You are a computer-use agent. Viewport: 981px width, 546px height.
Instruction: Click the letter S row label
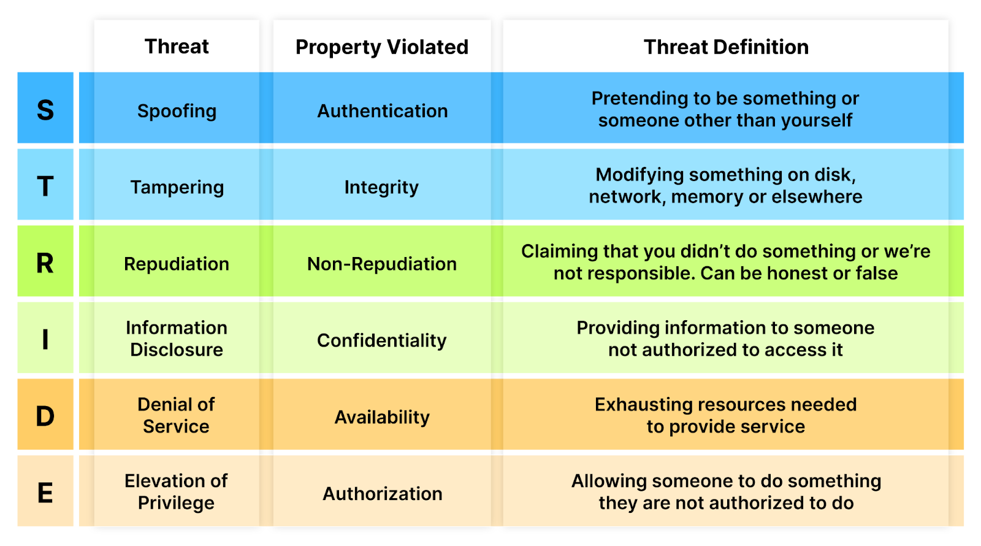tap(45, 110)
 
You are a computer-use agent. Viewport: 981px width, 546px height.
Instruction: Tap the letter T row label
tap(45, 186)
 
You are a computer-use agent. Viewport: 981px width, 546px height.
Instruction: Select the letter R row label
tap(45, 263)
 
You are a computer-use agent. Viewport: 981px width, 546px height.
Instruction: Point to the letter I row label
tap(45, 340)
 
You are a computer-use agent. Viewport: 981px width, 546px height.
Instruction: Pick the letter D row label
tap(45, 417)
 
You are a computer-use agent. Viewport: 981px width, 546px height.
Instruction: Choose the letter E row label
tap(45, 493)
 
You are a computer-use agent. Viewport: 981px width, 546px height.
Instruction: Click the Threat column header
tap(177, 47)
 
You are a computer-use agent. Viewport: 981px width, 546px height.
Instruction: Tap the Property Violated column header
tap(382, 47)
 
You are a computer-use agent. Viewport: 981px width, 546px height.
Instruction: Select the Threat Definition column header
tap(726, 47)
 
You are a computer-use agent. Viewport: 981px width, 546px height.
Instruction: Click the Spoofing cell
tap(177, 111)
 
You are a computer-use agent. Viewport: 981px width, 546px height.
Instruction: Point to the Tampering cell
tap(177, 188)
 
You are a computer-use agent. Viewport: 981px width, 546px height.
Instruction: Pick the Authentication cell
tap(383, 111)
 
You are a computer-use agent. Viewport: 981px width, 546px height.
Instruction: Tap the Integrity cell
tap(381, 188)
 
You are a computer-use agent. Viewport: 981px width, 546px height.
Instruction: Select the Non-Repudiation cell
tap(382, 264)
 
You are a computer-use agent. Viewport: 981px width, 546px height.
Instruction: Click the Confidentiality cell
tap(382, 340)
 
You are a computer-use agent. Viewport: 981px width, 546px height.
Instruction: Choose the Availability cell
tap(382, 417)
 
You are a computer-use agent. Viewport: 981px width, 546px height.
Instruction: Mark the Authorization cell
tap(383, 494)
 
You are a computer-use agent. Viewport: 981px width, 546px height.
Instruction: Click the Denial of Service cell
tap(176, 415)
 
